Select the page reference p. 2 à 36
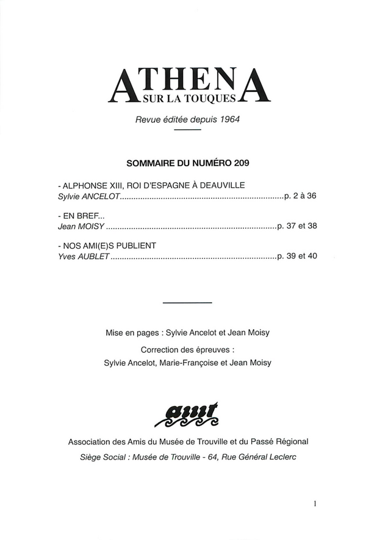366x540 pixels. pyautogui.click(x=301, y=197)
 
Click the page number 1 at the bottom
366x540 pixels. pyautogui.click(x=315, y=505)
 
